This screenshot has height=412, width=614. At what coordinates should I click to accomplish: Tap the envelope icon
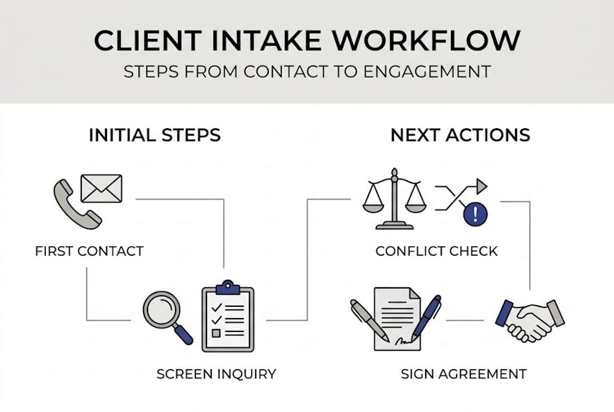pyautogui.click(x=101, y=188)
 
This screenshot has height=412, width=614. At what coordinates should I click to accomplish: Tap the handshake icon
pyautogui.click(x=529, y=319)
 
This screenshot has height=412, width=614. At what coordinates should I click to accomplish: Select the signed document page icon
pyautogui.click(x=397, y=318)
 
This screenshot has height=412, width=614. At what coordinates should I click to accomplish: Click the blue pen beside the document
pyautogui.click(x=426, y=318)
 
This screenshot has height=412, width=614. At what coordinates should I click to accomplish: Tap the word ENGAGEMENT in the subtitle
pyautogui.click(x=425, y=72)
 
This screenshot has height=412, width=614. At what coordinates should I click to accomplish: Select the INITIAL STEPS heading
pyautogui.click(x=155, y=136)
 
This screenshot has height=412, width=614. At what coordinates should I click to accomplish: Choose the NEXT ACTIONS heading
pyautogui.click(x=460, y=136)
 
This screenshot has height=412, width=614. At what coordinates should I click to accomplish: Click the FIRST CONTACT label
pyautogui.click(x=89, y=251)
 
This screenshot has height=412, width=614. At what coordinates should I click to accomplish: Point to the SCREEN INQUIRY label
pyautogui.click(x=216, y=374)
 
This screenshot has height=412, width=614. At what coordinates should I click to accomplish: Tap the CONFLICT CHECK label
pyautogui.click(x=437, y=251)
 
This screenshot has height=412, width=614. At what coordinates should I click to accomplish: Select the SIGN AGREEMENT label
pyautogui.click(x=464, y=374)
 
